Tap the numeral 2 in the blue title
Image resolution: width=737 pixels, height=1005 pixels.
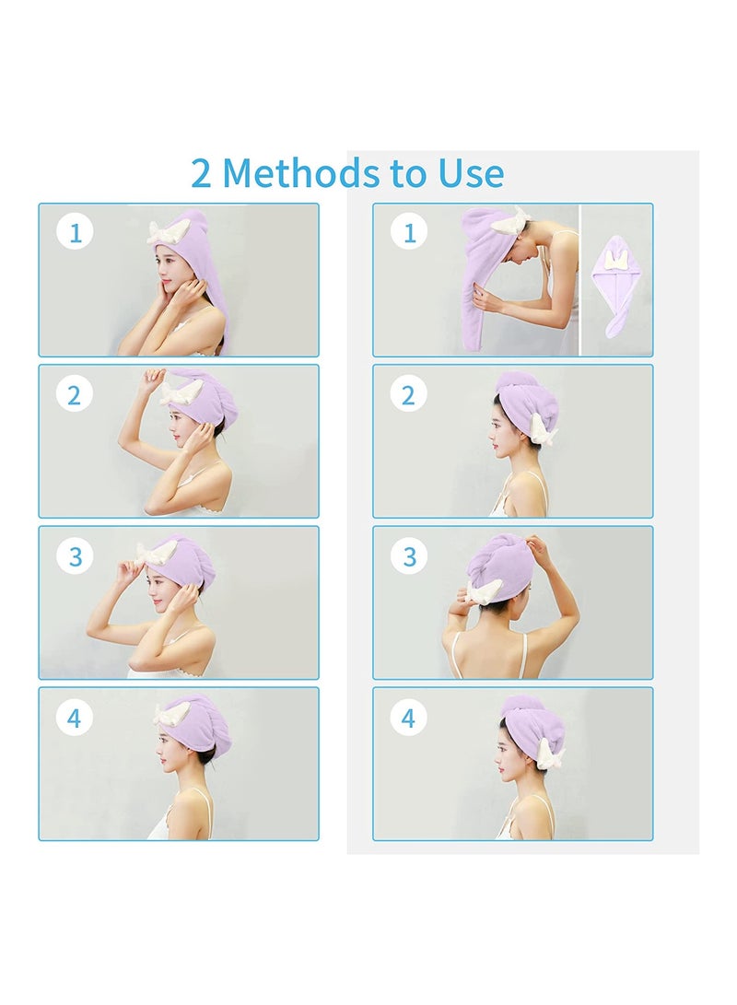(201, 174)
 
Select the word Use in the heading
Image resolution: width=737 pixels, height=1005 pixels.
(471, 173)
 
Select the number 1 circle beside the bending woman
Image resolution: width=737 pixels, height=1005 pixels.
(409, 233)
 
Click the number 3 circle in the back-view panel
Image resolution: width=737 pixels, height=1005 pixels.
(409, 556)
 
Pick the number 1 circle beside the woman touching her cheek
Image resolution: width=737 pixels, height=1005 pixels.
(75, 233)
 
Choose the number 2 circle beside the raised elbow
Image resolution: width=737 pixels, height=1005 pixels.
(75, 394)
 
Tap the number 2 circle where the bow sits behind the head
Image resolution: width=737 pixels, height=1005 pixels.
(409, 394)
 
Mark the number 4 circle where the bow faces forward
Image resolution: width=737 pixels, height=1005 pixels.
(75, 718)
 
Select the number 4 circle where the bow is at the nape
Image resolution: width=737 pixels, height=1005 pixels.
(409, 718)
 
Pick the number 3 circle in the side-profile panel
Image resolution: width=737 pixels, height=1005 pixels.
(75, 556)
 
